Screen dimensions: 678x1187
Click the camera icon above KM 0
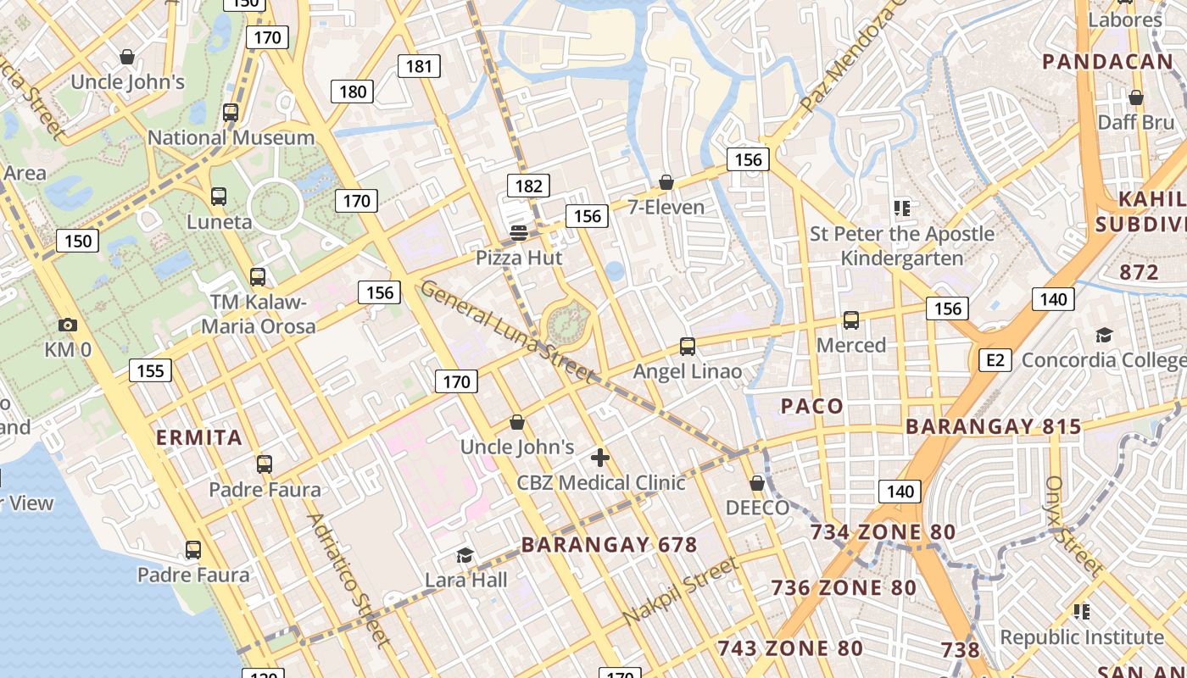[68, 325]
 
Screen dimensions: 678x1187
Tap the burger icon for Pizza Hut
[519, 232]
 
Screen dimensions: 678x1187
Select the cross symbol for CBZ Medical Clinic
[600, 458]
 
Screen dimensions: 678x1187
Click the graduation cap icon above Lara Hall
[465, 556]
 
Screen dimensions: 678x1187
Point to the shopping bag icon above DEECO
[757, 483]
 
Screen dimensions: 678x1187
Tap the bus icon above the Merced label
[851, 320]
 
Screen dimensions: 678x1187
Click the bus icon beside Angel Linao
[688, 347]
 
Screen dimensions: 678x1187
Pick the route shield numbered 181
[419, 66]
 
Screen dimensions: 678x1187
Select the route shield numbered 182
[528, 186]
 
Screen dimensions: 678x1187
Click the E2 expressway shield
[995, 360]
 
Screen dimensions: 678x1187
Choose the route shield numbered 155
[151, 370]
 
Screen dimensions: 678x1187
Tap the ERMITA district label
[199, 438]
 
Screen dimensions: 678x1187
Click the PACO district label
[812, 406]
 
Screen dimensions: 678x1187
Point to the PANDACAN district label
[1107, 61]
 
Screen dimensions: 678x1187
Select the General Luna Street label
[507, 331]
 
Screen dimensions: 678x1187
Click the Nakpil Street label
[681, 591]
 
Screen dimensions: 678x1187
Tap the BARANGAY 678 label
[609, 545]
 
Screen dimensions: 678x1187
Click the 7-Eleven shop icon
[666, 183]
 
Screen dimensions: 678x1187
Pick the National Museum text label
[231, 137]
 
